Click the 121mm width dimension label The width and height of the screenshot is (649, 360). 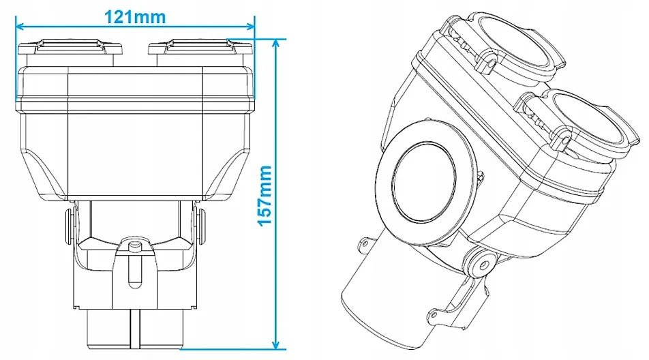coord(134,16)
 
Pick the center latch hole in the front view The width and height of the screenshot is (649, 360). coord(135,245)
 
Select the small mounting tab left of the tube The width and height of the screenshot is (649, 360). coord(365,242)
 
